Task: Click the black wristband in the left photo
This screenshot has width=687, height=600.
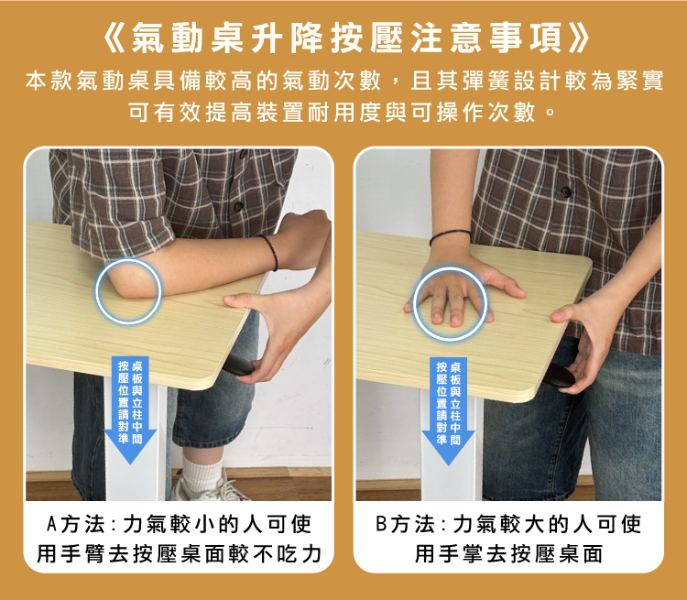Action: point(268,252)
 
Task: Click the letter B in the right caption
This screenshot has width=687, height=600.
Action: point(382,525)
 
